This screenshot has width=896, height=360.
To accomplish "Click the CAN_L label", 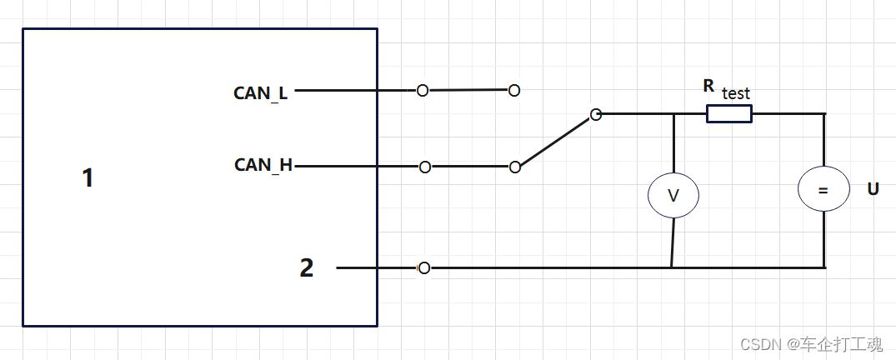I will click(260, 92).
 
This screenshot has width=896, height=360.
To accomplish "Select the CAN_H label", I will click(263, 165).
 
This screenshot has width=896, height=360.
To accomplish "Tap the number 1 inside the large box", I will click(88, 177).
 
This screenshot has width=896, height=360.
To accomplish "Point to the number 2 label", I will click(307, 267).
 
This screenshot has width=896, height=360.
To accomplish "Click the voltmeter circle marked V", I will click(673, 195).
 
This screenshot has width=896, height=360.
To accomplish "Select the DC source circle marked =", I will click(823, 191).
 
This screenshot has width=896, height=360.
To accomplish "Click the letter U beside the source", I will click(873, 189).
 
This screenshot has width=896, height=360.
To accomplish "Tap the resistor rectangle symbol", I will click(729, 114).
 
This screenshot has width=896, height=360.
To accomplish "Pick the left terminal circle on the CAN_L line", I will click(423, 90).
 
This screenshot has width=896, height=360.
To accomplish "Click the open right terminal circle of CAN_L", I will click(514, 90).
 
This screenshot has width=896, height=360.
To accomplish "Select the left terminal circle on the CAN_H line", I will click(425, 167).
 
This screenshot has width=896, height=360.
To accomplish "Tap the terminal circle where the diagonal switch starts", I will click(515, 167).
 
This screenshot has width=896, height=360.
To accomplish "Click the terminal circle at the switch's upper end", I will click(595, 115).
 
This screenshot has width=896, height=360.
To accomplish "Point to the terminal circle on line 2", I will click(424, 267).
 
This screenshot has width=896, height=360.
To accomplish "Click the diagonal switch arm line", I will click(555, 141).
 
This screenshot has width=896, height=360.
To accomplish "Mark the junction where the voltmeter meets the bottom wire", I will click(672, 267).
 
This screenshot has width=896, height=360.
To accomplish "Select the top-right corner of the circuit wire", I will click(824, 114).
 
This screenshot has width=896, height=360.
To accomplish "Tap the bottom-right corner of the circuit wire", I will click(824, 267).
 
